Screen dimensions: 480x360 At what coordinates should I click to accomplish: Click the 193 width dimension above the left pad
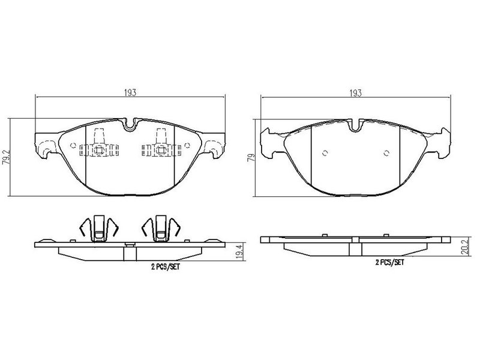130,92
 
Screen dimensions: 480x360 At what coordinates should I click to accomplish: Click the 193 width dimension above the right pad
355,93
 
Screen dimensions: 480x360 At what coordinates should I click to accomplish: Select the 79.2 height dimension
6,157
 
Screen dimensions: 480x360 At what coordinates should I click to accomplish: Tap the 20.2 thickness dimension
465,247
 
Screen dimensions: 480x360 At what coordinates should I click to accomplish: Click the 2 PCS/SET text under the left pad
166,267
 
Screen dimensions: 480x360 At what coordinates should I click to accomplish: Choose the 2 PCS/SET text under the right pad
389,262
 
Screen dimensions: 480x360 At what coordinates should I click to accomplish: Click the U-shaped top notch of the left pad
130,125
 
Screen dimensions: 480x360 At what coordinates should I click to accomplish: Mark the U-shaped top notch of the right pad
355,126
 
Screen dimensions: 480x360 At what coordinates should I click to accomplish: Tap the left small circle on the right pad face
325,153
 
